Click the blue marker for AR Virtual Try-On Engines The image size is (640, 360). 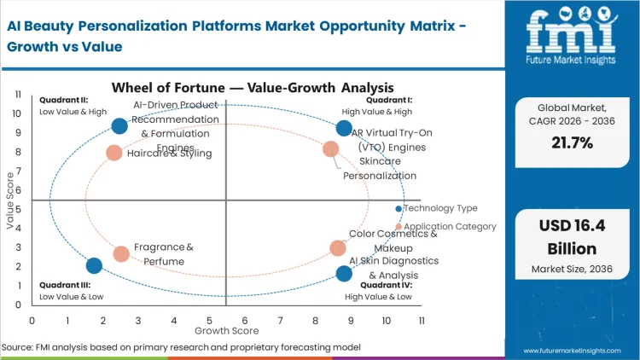coord(344,128)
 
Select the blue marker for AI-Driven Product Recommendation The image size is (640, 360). coord(119,126)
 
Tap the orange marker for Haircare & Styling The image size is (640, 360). coord(113,153)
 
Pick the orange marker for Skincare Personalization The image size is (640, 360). coord(331,149)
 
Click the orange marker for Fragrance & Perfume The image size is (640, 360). coord(121,253)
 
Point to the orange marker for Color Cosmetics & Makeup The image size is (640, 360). coord(338,248)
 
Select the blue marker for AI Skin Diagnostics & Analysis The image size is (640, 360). coord(344,274)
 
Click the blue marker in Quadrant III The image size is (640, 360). coord(94,265)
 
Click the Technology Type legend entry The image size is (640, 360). coord(439,208)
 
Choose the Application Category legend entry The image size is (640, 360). coord(446,227)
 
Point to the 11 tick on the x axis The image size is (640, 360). coord(422,320)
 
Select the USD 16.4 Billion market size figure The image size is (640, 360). coord(573,237)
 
